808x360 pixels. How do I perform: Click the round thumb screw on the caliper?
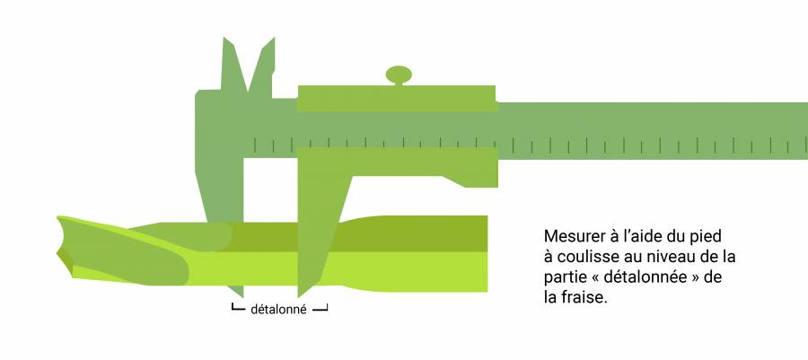pyautogui.click(x=399, y=75)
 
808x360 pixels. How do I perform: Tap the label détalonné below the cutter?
pyautogui.click(x=278, y=310)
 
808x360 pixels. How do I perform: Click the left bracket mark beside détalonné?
pyautogui.click(x=238, y=307)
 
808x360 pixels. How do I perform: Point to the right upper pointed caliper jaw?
pyautogui.click(x=263, y=67)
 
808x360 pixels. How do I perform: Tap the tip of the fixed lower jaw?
pyautogui.click(x=241, y=295)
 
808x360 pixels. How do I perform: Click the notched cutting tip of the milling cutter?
pyautogui.click(x=63, y=246)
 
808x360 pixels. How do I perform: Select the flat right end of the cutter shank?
pyautogui.click(x=486, y=254)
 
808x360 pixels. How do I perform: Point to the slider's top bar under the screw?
pyautogui.click(x=397, y=99)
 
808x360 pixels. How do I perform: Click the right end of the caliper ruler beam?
pyautogui.click(x=805, y=131)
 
